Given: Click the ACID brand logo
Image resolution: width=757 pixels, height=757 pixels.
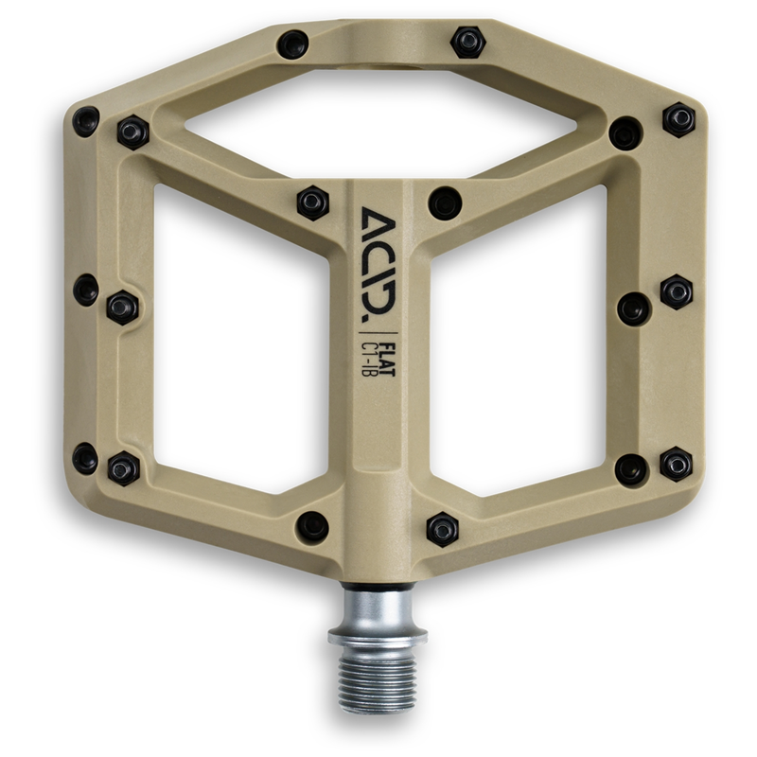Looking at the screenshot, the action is point(379,261).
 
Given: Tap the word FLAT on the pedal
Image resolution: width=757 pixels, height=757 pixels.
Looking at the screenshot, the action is point(388,360).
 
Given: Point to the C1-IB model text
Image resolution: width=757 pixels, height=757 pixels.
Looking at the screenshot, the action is point(372,360).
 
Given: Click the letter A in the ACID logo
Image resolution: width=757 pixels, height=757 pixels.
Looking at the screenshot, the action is point(379,220).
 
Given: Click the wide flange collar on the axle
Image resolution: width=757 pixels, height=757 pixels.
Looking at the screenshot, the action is point(378,636).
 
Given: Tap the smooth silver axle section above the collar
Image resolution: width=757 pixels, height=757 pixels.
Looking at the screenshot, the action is point(378,606).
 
